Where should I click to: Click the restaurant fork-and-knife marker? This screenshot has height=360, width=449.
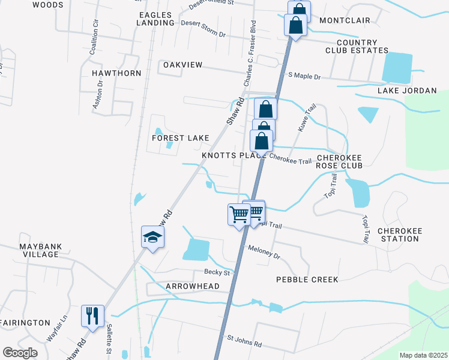point(92,316)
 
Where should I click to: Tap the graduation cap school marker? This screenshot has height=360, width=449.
point(152,237)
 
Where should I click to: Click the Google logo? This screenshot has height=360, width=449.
point(20,353)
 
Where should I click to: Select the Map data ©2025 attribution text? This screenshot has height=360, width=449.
point(423,355)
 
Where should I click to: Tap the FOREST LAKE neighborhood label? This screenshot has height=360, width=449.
point(180,138)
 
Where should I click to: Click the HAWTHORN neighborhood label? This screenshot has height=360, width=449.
point(116,73)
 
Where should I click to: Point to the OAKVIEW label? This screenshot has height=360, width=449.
point(183,64)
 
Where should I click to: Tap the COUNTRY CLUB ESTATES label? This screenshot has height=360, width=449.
point(357,46)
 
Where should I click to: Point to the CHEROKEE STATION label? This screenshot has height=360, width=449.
point(398,235)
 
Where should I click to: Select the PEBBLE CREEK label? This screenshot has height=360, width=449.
point(307,280)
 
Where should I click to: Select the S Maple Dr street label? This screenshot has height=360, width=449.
point(305,77)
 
